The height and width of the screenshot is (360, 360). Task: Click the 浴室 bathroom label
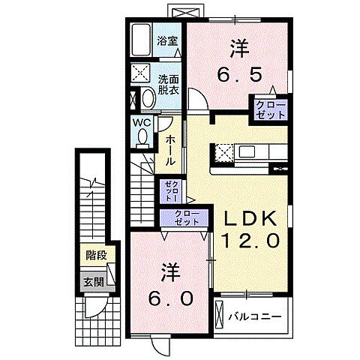point(168,41)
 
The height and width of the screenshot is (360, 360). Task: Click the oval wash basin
point(145,99)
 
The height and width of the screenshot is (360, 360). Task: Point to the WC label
point(143,121)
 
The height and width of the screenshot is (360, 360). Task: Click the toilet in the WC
point(142,136)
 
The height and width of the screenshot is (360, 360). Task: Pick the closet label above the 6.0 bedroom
point(183,218)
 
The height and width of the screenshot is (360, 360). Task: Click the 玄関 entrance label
point(93,282)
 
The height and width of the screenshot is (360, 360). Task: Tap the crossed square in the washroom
point(140,73)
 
